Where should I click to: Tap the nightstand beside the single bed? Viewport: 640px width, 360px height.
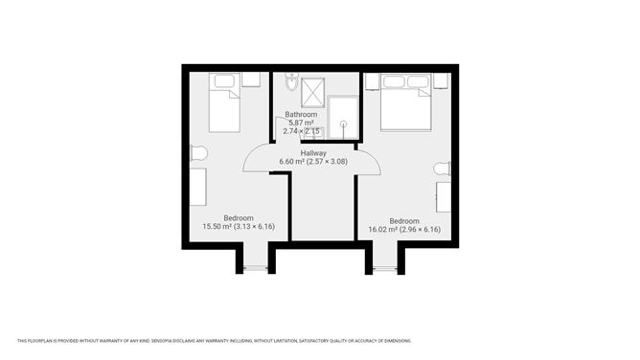[251, 79]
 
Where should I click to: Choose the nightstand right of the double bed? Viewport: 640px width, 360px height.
[440, 80]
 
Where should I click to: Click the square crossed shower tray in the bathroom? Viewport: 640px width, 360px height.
[313, 92]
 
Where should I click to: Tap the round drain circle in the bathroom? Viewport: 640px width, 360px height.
[342, 124]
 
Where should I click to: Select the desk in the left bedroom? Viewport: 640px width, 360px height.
[197, 186]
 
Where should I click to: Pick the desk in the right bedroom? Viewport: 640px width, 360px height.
[445, 196]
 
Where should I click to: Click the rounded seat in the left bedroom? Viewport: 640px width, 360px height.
[199, 153]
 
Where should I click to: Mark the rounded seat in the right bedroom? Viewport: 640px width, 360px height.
[442, 169]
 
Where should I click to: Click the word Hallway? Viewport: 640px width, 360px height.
[313, 152]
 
